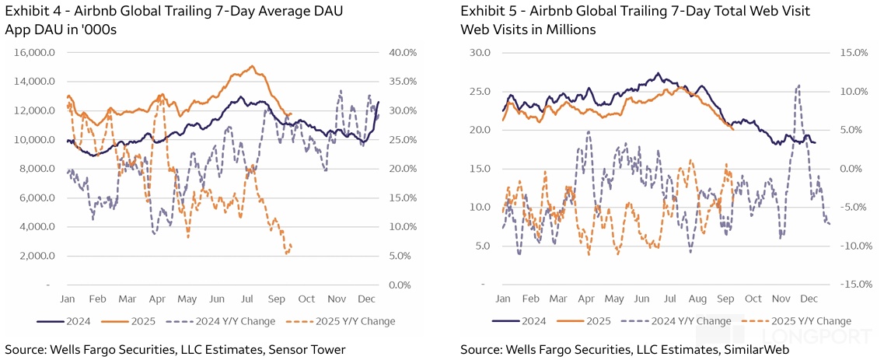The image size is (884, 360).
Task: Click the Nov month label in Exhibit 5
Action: (x=781, y=299)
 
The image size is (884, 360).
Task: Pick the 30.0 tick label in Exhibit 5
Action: (x=480, y=53)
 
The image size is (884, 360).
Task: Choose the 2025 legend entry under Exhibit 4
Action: (x=127, y=321)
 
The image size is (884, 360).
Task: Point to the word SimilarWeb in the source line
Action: (x=757, y=349)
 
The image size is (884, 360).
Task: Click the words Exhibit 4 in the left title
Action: (x=30, y=11)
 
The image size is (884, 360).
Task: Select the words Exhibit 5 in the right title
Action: (x=485, y=11)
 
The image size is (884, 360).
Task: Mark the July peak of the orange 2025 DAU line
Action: (x=252, y=66)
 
